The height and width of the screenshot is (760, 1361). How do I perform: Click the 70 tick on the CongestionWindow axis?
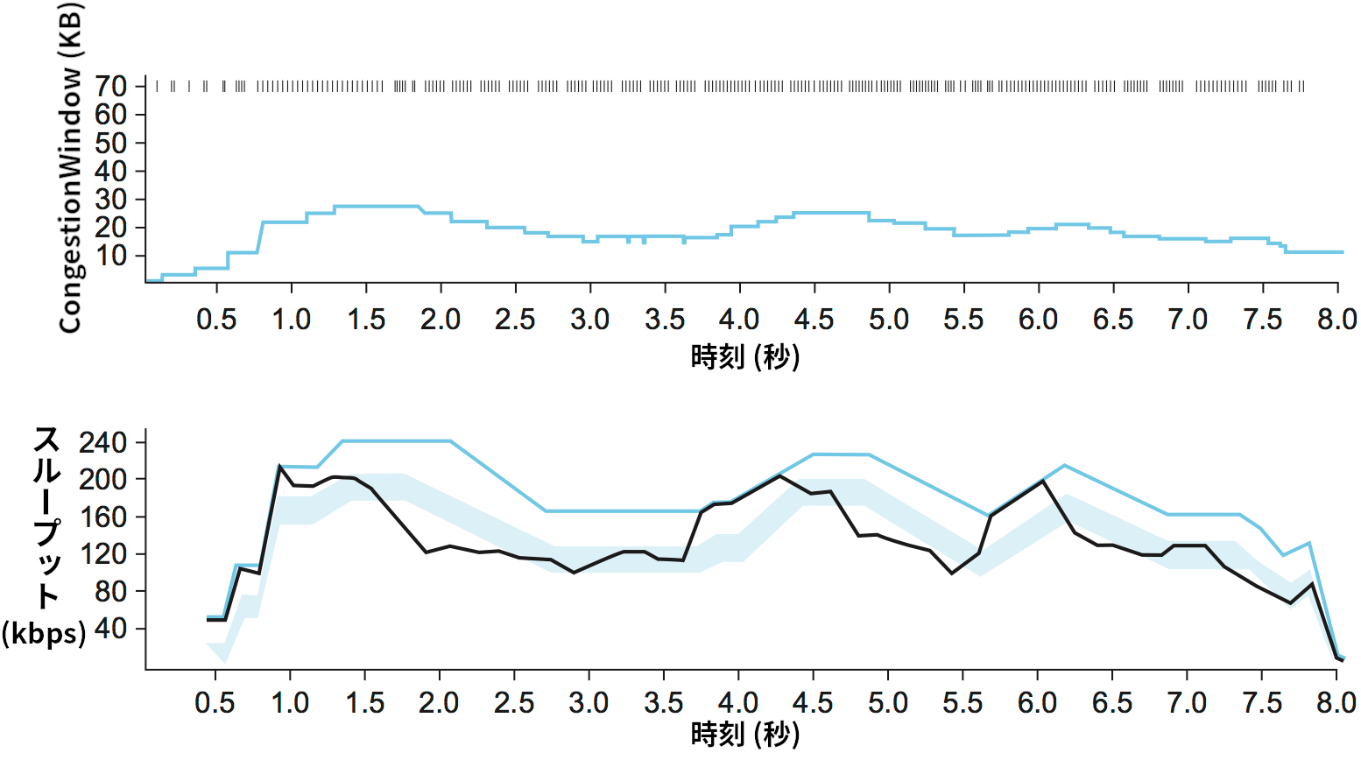(x=112, y=86)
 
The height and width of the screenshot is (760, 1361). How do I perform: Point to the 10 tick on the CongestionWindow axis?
(x=112, y=256)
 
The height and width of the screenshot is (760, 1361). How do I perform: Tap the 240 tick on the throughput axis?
(x=103, y=442)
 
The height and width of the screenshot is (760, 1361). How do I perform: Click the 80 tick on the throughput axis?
(x=112, y=591)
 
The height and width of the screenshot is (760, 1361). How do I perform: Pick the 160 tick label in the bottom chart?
(x=103, y=517)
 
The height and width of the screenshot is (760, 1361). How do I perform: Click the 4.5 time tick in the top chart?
(x=814, y=320)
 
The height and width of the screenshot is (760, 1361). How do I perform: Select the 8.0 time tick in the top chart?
(x=1336, y=320)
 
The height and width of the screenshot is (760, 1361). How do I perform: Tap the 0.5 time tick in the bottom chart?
(x=215, y=702)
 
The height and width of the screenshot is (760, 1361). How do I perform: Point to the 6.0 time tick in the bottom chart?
(x=1037, y=702)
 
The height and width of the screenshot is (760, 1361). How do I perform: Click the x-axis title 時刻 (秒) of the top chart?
(x=744, y=357)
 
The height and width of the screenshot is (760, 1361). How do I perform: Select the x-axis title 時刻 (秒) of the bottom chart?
(x=744, y=734)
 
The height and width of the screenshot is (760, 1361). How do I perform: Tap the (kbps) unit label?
(x=44, y=632)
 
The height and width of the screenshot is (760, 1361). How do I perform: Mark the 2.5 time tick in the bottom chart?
(x=513, y=702)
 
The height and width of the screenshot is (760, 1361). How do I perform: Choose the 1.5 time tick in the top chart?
(x=365, y=320)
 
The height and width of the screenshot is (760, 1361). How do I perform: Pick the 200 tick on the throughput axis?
(x=103, y=480)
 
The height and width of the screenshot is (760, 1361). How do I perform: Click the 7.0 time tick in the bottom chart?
(x=1187, y=702)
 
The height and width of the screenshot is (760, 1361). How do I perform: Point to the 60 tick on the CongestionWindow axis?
(x=112, y=114)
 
